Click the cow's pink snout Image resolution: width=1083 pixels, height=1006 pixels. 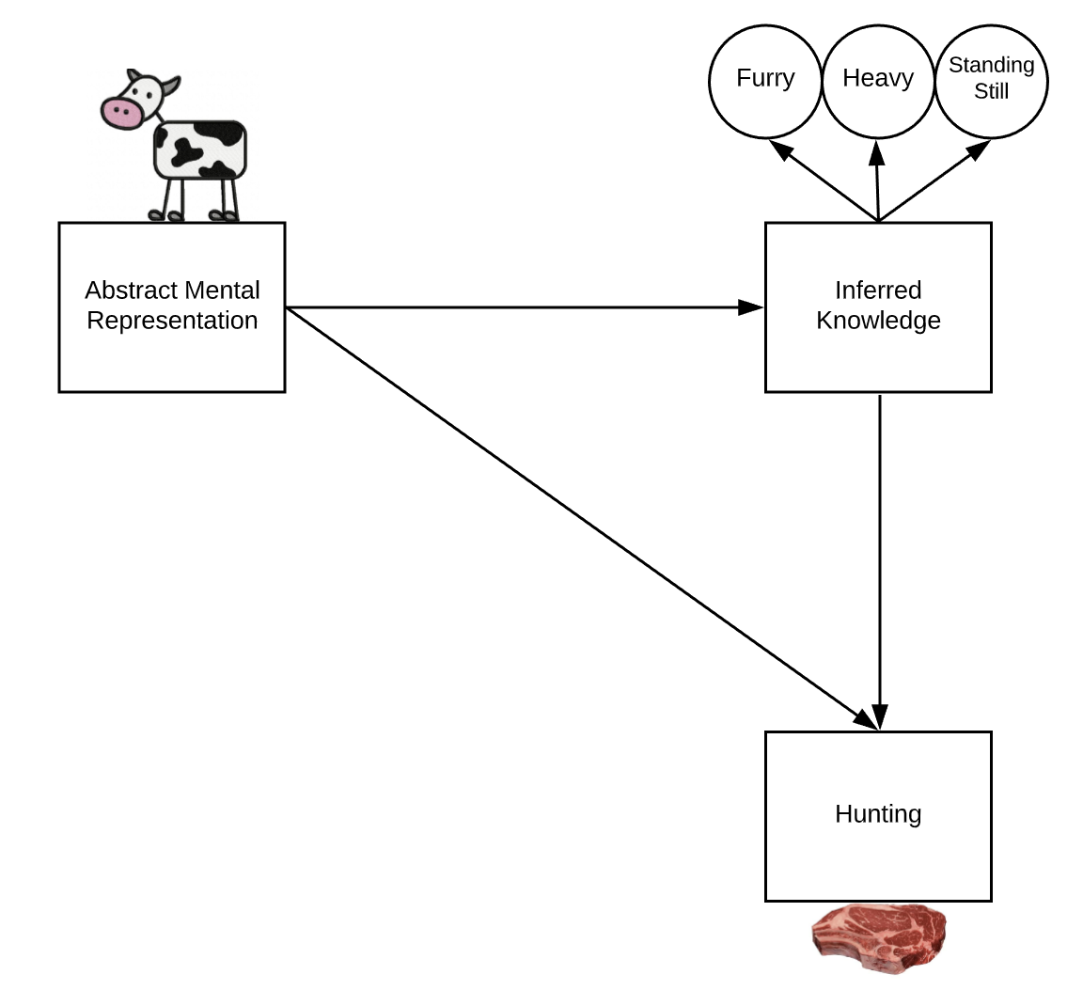pos(121,114)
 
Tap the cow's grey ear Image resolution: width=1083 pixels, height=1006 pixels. pos(169,87)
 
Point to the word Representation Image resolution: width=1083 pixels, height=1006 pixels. pos(172,321)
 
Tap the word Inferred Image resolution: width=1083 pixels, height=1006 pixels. pos(878,290)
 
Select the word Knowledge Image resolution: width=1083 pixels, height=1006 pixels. pos(878,321)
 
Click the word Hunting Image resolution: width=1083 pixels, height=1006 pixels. pos(878,813)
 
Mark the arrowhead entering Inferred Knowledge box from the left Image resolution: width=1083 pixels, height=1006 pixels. pos(751,307)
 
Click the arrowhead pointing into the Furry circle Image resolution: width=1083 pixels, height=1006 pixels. pos(779,149)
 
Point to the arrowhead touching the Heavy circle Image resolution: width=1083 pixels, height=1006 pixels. pos(877,150)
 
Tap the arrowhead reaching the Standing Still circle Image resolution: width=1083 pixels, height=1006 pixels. pos(979,149)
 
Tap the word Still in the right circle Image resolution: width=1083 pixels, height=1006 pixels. pos(991,91)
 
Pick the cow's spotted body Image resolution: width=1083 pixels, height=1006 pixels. pos(199,149)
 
